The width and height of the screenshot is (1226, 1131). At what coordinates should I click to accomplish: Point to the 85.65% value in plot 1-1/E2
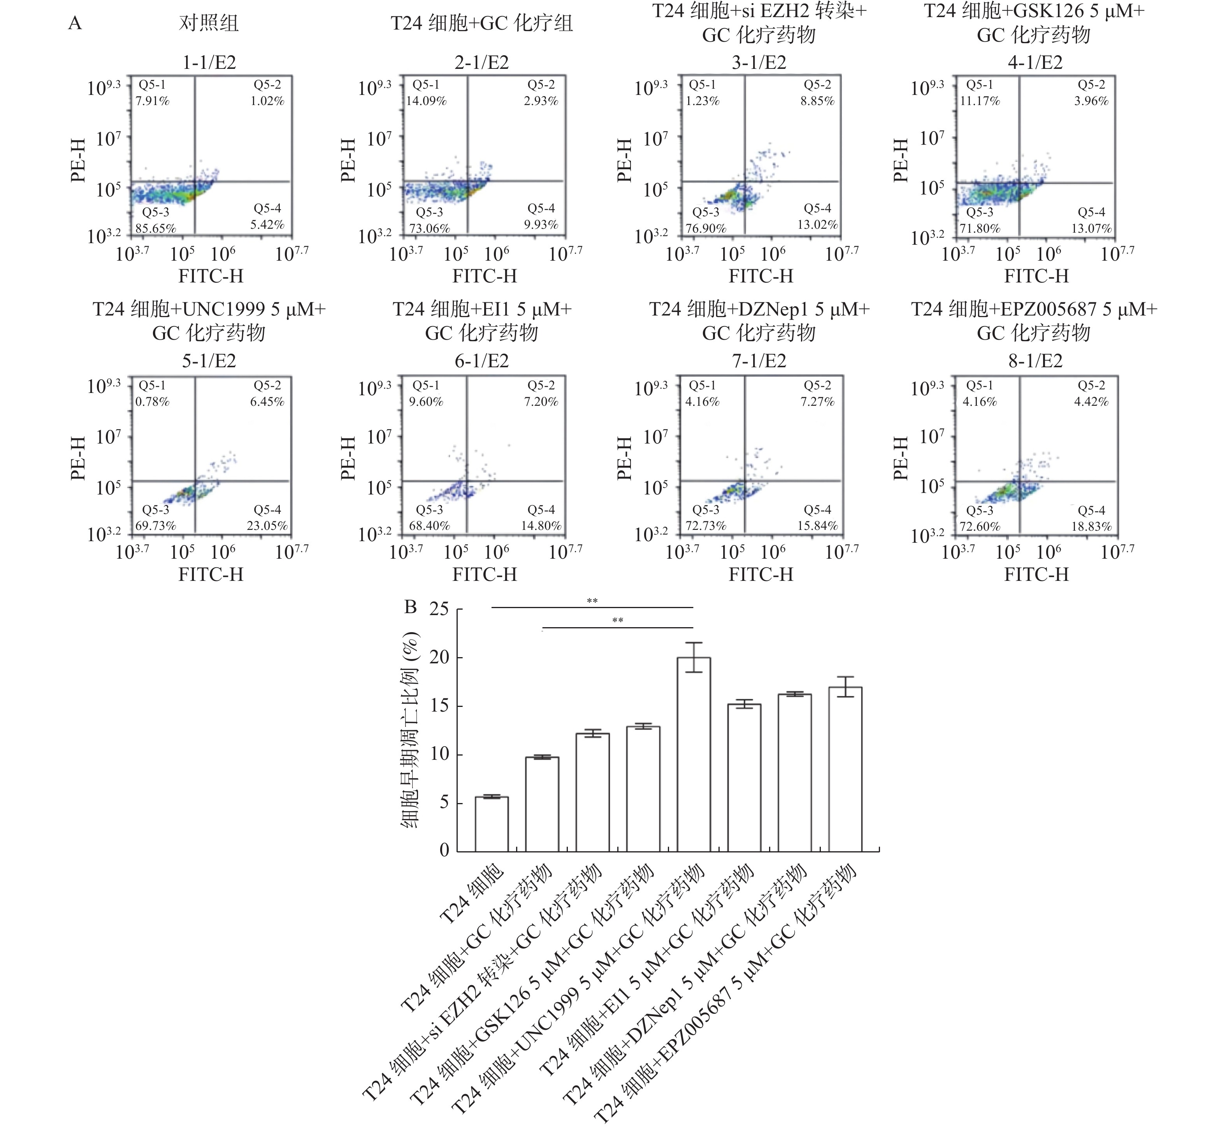[x=155, y=229]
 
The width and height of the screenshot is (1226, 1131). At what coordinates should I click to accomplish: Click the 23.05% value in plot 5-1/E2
[x=267, y=526]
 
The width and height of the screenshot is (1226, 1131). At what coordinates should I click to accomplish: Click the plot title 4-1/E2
[x=1035, y=62]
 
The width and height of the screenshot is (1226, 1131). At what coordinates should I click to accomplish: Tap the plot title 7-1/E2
[x=759, y=361]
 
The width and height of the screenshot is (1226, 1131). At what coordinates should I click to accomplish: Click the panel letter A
[x=75, y=23]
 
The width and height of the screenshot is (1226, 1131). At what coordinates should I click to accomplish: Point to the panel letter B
[x=410, y=607]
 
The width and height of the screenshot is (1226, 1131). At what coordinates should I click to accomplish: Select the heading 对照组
[x=209, y=23]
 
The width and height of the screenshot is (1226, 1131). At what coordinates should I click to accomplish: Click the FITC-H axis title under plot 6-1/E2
[x=485, y=574]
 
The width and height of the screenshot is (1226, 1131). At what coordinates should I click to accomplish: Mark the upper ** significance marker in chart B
[x=592, y=601]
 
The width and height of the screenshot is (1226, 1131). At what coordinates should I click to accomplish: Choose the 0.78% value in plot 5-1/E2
[x=153, y=402]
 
